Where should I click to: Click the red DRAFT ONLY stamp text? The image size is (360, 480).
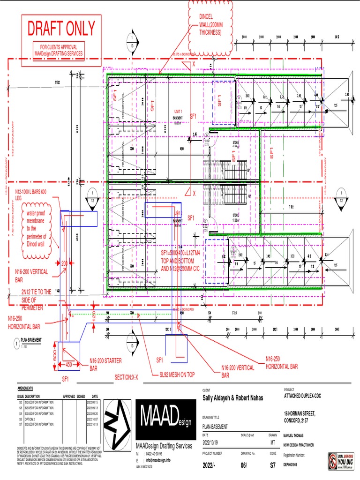tap(61, 29)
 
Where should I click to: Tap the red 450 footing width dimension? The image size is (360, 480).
tap(68, 364)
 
